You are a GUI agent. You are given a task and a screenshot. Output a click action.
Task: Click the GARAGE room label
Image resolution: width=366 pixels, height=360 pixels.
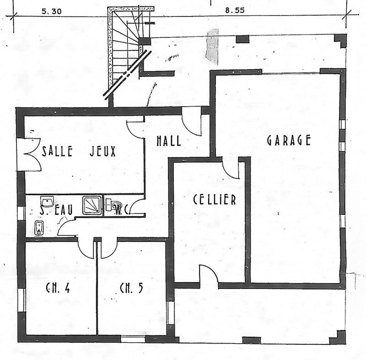point(289,140)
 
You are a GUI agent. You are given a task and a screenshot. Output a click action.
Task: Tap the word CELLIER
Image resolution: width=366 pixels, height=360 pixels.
point(214,200)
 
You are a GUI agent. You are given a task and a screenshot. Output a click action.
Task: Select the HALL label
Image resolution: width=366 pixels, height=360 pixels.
point(168,141)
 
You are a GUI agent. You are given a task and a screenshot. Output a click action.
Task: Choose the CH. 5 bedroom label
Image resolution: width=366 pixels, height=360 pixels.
point(131,289)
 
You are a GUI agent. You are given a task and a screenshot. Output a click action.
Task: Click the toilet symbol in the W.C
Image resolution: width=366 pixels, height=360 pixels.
point(113,205)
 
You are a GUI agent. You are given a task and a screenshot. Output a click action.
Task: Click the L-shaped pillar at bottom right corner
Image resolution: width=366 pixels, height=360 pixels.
point(339,337)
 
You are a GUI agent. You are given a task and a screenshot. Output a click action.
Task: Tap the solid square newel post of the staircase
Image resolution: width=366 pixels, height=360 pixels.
point(144,41)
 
